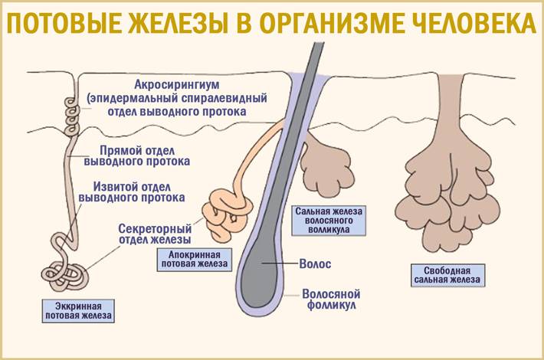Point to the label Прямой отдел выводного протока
click(x=137, y=156)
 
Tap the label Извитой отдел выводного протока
click(x=132, y=192)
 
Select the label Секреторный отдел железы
click(x=155, y=234)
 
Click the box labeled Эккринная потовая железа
click(x=78, y=311)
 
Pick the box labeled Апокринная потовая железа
click(x=195, y=260)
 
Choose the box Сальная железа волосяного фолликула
click(x=329, y=221)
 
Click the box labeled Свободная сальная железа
click(x=447, y=276)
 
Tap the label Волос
click(x=315, y=264)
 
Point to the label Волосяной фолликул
click(x=331, y=299)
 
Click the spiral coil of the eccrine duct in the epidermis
click(x=73, y=116)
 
